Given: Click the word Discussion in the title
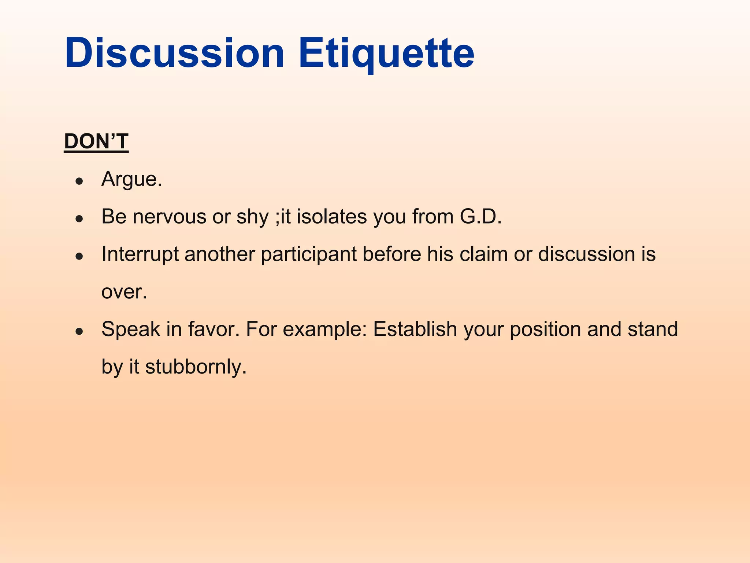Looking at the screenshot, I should pos(174,53).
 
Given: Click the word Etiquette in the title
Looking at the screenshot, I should pos(386,53).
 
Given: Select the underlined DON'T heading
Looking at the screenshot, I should pos(96,141).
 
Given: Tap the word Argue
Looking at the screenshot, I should pos(131,180).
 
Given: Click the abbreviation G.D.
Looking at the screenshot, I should pos(480,217).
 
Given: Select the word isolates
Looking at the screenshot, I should pos(331,217).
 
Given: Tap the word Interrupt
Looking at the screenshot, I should pos(140,254).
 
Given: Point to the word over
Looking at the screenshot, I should pos(124,292).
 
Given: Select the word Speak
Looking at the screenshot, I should pos(131,330).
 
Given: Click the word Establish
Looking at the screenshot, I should pos(415,329).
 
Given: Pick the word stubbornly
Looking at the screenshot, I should pos(196,367).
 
